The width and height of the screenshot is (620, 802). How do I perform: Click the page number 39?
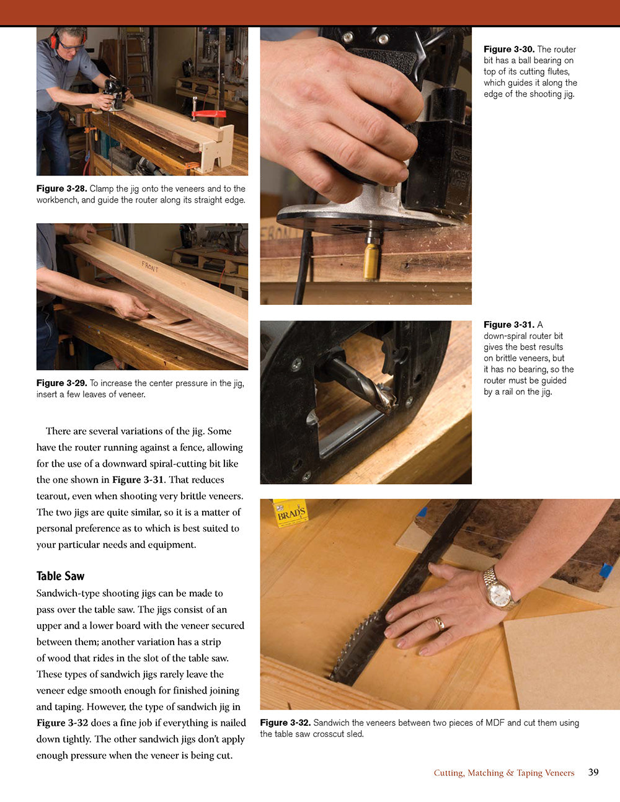click(x=593, y=772)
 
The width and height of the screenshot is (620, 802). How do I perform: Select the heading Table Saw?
click(x=60, y=576)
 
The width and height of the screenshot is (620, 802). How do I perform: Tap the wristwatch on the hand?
click(x=498, y=589)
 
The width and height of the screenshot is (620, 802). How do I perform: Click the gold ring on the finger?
click(x=439, y=623)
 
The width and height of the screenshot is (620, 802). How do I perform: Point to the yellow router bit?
click(x=372, y=260)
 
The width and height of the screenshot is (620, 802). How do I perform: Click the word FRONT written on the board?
click(x=150, y=267)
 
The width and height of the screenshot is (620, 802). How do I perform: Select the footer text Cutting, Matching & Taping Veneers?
click(x=503, y=773)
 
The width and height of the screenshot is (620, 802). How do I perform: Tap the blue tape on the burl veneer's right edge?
click(x=606, y=570)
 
